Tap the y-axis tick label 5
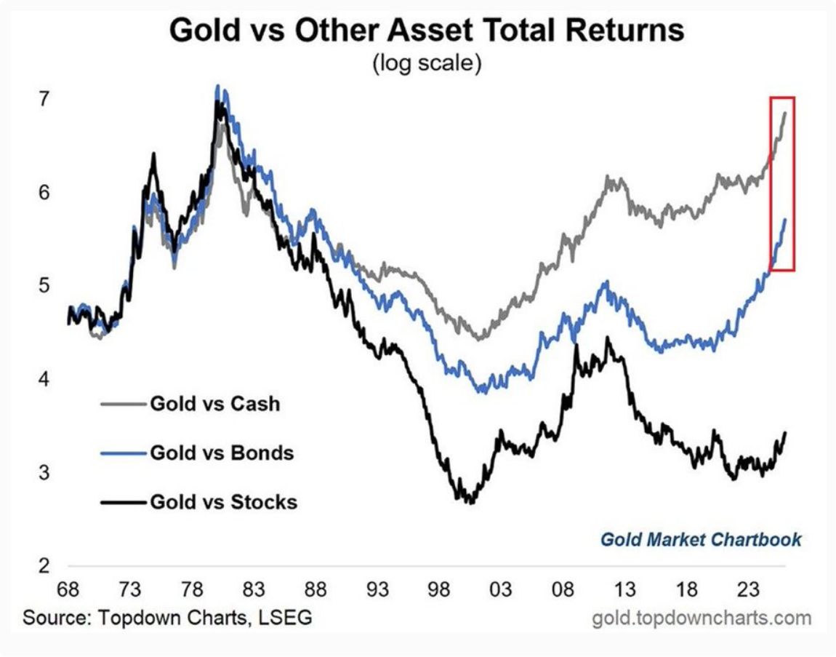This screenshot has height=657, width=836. point(45,285)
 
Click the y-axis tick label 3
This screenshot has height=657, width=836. point(45,472)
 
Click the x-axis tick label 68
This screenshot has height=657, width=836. point(69,589)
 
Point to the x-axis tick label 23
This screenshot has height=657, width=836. point(749,589)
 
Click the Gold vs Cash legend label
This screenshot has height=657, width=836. point(214,403)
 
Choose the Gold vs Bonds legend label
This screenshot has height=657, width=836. point(222,453)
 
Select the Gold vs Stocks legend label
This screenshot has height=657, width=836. point(223,501)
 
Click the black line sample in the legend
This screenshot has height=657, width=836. point(121,501)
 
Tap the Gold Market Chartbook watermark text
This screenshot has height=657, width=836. point(701,540)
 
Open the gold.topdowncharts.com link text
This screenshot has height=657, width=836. point(702,618)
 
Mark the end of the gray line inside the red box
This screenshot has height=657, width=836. point(785,112)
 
